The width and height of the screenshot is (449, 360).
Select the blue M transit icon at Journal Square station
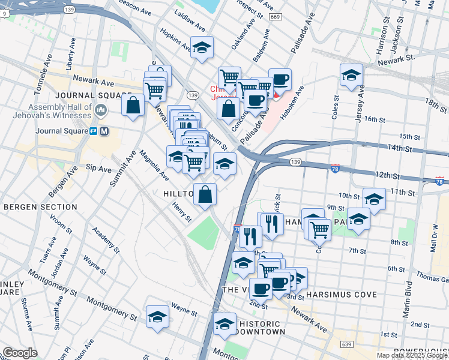pyautogui.click(x=104, y=131)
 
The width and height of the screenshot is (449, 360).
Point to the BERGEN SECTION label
pyautogui.click(x=40, y=207)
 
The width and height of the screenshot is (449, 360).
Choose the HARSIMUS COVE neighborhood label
pyautogui.click(x=341, y=295)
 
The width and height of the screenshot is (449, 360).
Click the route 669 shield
pyautogui.click(x=276, y=17)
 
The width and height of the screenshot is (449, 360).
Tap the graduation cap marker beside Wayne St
pyautogui.click(x=157, y=316)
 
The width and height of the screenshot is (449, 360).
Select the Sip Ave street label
pyautogui.click(x=98, y=169)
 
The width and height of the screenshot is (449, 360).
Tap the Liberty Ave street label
pyautogui.click(x=72, y=54)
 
